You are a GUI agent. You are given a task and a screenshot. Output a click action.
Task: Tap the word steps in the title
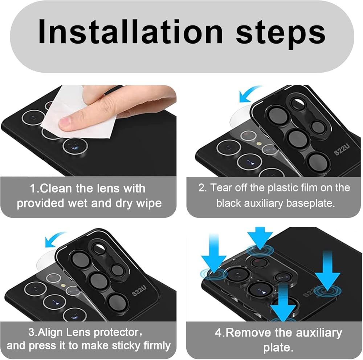[280, 34]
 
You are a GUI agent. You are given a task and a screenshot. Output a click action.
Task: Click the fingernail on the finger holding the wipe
[65, 121]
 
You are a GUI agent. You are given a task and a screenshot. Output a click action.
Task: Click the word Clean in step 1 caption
[54, 188]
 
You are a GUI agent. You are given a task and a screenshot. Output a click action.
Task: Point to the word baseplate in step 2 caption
[310, 203]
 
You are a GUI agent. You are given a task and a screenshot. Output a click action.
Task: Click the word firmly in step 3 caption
[157, 346]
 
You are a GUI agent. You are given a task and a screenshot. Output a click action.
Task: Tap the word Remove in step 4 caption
[248, 333]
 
